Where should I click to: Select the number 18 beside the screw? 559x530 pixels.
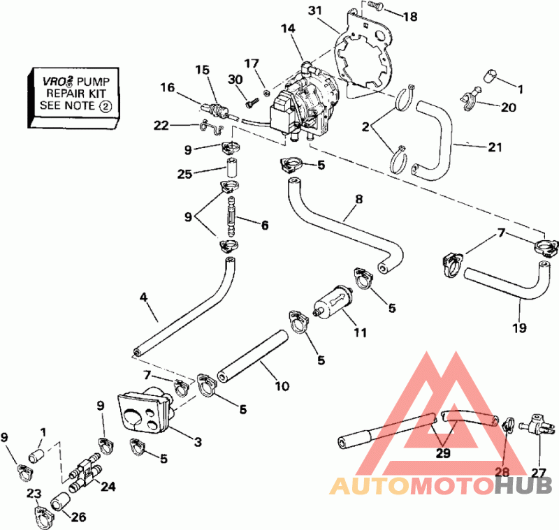(x=409, y=16)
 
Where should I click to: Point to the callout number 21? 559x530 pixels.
(x=477, y=148)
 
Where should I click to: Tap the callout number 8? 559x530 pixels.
(x=358, y=198)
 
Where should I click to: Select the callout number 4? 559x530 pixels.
(x=143, y=297)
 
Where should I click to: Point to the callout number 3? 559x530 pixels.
(x=198, y=441)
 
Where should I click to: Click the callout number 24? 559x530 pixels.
(x=109, y=486)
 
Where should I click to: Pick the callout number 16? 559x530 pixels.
(x=168, y=87)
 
